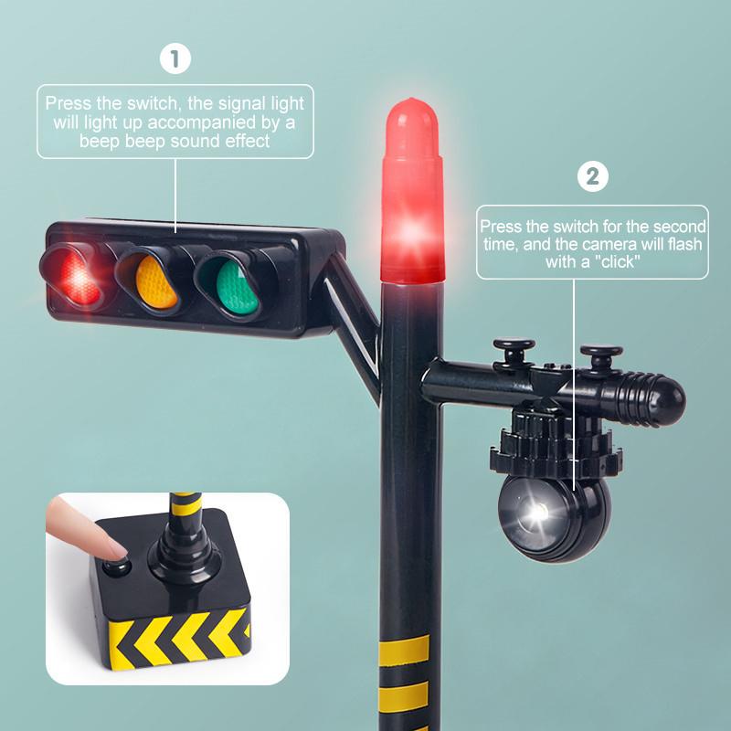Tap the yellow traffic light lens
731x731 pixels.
click(155, 281)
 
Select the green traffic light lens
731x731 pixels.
click(237, 288)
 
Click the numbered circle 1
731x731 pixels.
click(175, 58)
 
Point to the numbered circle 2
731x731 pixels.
click(592, 176)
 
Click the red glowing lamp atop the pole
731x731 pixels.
click(411, 191)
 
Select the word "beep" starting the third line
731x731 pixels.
click(100, 141)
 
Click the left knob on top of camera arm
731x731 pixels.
click(514, 354)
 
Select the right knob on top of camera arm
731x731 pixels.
click(601, 357)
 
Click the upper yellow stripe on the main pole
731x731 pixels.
click(404, 650)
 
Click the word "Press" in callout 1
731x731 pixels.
click(69, 102)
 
